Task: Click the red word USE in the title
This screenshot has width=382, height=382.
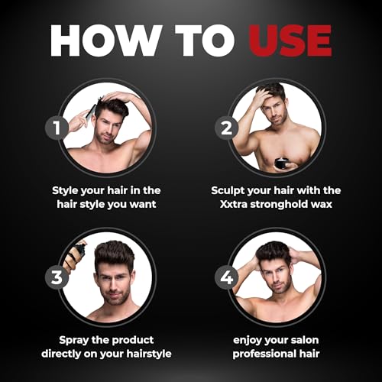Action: (290, 40)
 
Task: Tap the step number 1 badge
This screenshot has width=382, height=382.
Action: (57, 128)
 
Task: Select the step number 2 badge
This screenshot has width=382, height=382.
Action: (226, 128)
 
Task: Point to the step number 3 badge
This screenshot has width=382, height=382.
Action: (57, 277)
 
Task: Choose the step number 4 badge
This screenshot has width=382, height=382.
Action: (226, 277)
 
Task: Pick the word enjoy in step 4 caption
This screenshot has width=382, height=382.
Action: (247, 341)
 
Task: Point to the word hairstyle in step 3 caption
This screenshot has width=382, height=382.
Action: (149, 354)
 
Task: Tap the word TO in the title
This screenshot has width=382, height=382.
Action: (205, 40)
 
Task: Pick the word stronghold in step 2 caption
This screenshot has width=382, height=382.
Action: (279, 204)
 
